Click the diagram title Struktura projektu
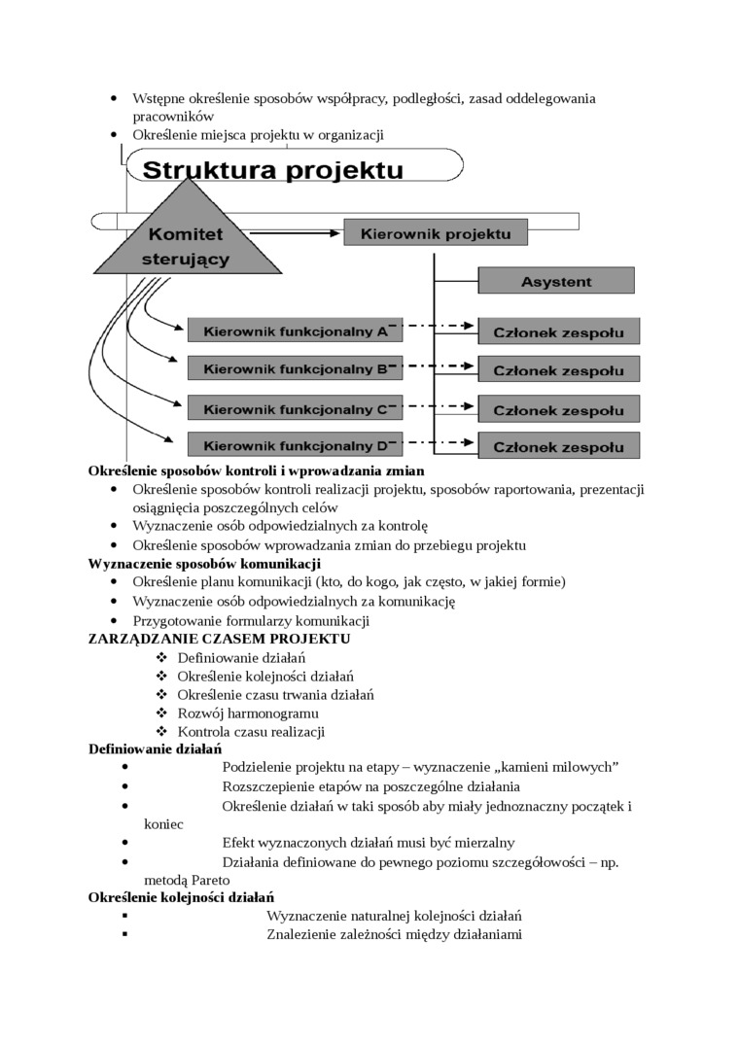[x=273, y=171]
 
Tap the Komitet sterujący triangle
[x=186, y=241]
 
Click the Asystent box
[x=555, y=281]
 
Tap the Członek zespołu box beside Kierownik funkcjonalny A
[x=558, y=331]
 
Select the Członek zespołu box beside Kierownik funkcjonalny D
[x=558, y=446]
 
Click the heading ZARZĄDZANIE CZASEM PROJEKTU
[x=219, y=639]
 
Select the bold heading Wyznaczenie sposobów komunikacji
[x=204, y=563]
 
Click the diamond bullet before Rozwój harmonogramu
[x=161, y=714]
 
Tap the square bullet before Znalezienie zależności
[x=126, y=934]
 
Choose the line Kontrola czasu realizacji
[x=250, y=731]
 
